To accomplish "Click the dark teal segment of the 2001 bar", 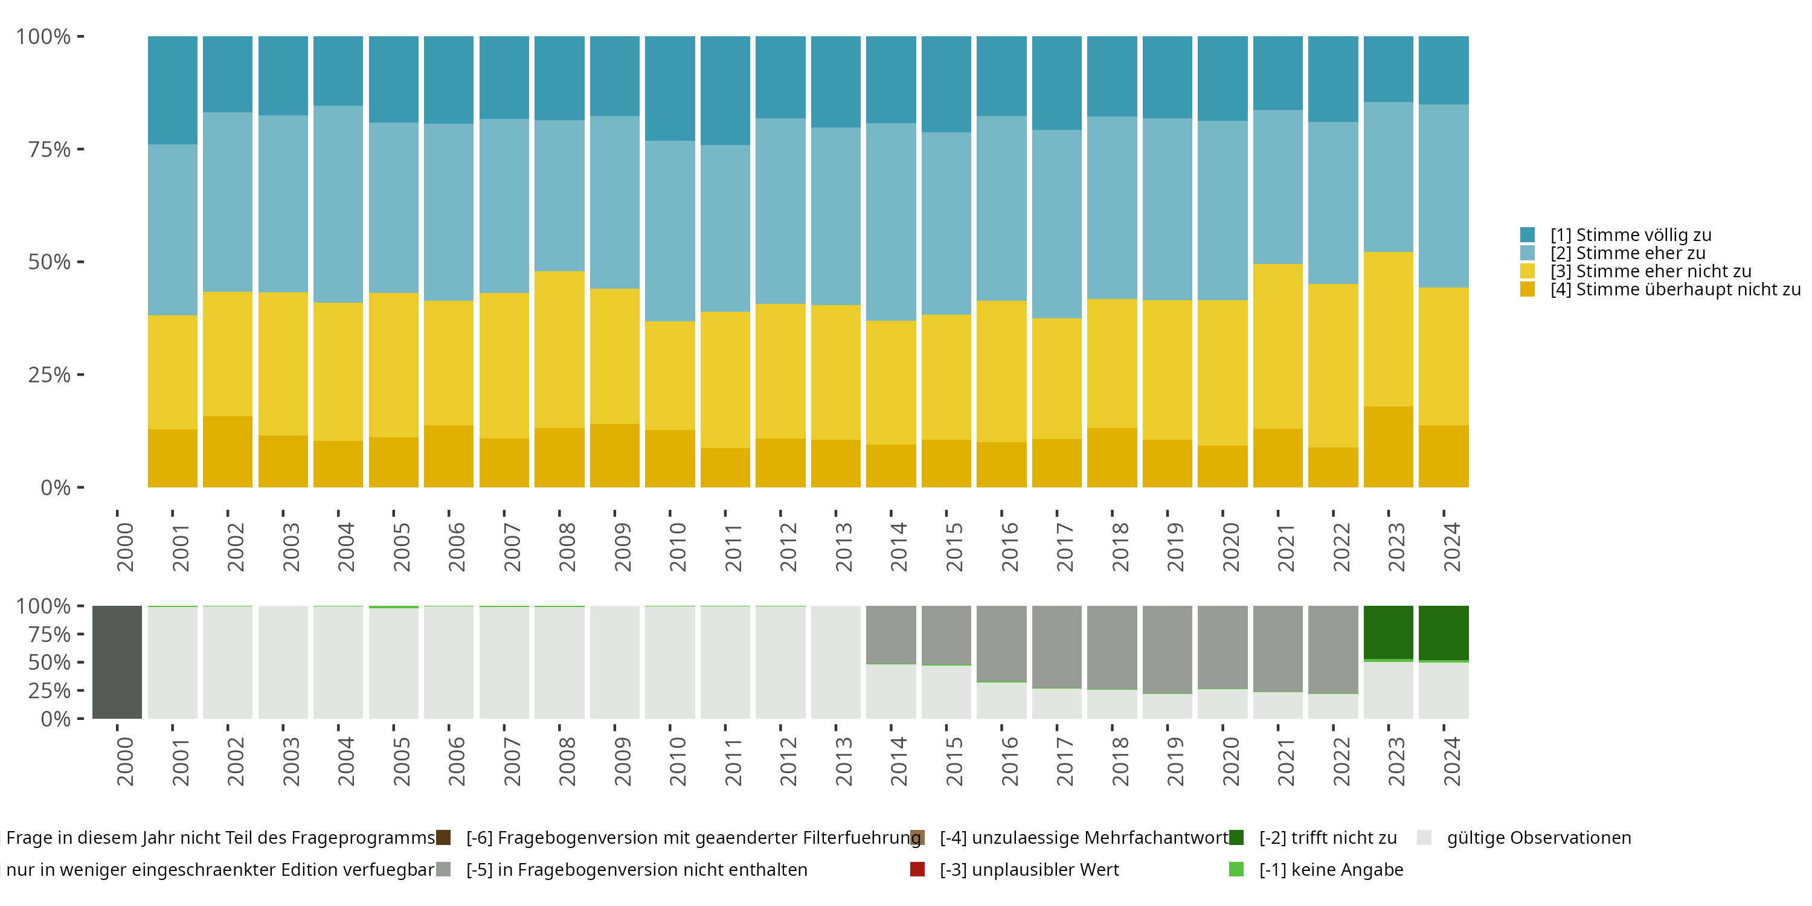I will point(172,90).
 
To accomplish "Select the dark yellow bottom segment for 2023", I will point(1388,447).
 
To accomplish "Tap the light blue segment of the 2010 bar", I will point(670,231).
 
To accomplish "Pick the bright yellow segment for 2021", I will point(1277,346).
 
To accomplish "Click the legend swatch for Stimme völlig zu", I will point(1527,235).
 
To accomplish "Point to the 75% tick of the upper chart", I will point(80,149).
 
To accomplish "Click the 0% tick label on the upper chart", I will point(55,487).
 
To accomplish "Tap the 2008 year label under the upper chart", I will point(567,547).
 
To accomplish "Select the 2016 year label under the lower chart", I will point(1009,761).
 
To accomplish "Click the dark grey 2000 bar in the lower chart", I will point(117,662).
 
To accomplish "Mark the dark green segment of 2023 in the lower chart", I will point(1388,632).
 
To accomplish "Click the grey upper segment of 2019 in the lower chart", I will point(1167,649).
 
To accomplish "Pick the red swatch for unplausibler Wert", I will point(917,869).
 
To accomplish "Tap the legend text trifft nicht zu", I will point(1328,838).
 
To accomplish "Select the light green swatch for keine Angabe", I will point(1236,869).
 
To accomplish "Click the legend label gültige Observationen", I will point(1538,838).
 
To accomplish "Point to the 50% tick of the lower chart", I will point(80,662).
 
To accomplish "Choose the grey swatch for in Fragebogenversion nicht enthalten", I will point(443,869).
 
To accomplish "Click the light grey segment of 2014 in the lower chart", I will point(890,692).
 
